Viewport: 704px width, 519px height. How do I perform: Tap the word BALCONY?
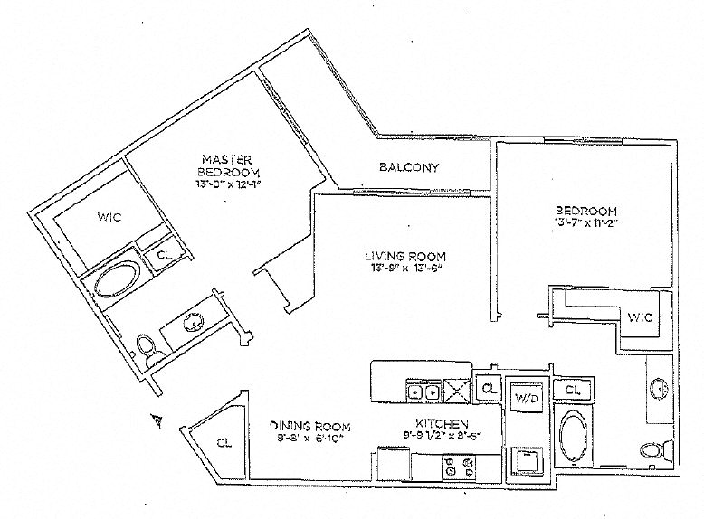(409, 167)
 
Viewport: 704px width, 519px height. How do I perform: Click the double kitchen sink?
(423, 392)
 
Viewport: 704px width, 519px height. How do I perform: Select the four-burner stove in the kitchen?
(458, 467)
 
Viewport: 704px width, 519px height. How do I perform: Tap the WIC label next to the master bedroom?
(108, 217)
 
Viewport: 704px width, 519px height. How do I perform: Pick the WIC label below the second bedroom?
(639, 318)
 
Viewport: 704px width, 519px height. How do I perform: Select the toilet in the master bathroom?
(146, 344)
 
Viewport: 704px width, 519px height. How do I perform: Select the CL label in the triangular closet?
(223, 442)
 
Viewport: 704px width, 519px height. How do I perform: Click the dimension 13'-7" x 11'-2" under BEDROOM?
(586, 222)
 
